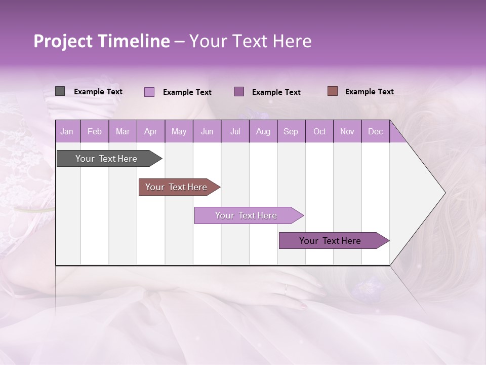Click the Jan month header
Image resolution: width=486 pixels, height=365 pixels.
point(67,132)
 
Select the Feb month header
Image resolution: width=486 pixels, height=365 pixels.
point(95,132)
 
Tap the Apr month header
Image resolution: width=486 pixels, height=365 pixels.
point(150,132)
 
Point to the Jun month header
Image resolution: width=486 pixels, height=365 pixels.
point(207,132)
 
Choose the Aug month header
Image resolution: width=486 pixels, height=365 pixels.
point(263,132)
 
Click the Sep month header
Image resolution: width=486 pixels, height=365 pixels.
point(291,132)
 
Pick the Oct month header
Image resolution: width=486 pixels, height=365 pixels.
point(319,132)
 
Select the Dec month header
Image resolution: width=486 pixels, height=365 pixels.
point(375,132)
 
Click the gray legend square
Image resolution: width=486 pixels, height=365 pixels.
point(60,91)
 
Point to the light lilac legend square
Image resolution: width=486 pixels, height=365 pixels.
point(149,92)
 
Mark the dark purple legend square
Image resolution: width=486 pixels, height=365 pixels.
point(239,92)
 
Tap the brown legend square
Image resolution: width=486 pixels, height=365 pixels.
point(333,91)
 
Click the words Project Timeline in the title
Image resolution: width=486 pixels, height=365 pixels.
point(101,42)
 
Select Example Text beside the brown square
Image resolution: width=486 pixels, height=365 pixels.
point(369,92)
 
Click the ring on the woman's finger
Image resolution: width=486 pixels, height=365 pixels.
point(286,289)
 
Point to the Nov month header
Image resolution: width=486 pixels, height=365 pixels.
point(347,132)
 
